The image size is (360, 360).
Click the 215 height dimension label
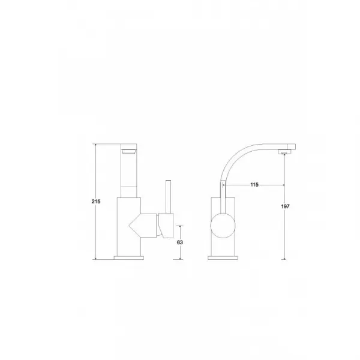click(96, 202)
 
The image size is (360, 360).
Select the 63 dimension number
click(180, 242)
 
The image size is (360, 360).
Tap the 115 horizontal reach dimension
click(254, 185)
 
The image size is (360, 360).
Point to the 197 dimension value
click(285, 206)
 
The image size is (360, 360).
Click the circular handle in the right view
click(223, 226)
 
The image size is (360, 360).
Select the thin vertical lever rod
click(168, 197)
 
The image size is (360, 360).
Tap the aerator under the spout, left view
click(129, 152)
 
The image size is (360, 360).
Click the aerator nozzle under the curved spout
click(284, 152)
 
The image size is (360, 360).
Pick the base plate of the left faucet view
click(129, 258)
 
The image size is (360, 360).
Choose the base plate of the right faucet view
click(223, 258)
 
